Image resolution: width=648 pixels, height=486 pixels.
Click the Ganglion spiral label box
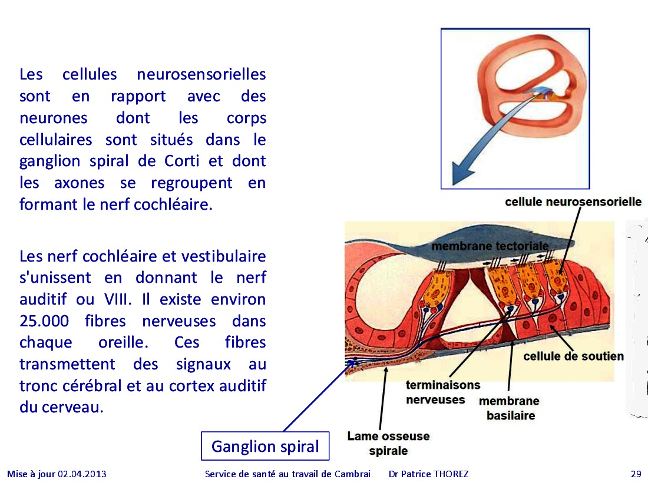click(265, 446)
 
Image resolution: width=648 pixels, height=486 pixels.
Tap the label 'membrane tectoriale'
click(490, 246)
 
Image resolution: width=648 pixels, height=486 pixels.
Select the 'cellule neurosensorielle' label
click(573, 201)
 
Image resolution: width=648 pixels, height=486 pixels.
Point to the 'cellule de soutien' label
click(573, 356)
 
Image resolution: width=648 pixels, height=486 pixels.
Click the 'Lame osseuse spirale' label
click(388, 443)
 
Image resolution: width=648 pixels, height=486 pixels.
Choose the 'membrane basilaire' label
click(509, 408)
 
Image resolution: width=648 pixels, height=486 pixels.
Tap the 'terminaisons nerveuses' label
click(442, 392)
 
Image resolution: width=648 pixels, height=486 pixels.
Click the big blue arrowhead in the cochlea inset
click(462, 173)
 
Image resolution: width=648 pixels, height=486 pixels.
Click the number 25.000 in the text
click(44, 321)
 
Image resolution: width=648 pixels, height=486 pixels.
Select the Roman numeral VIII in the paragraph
click(118, 299)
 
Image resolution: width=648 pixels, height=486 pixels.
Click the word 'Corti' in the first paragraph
click(182, 161)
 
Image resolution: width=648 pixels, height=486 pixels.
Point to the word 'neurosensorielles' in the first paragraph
click(201, 74)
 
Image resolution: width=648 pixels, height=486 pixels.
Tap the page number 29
click(636, 474)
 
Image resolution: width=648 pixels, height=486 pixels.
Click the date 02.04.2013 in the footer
click(82, 474)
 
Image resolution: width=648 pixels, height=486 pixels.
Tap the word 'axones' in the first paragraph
click(80, 183)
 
